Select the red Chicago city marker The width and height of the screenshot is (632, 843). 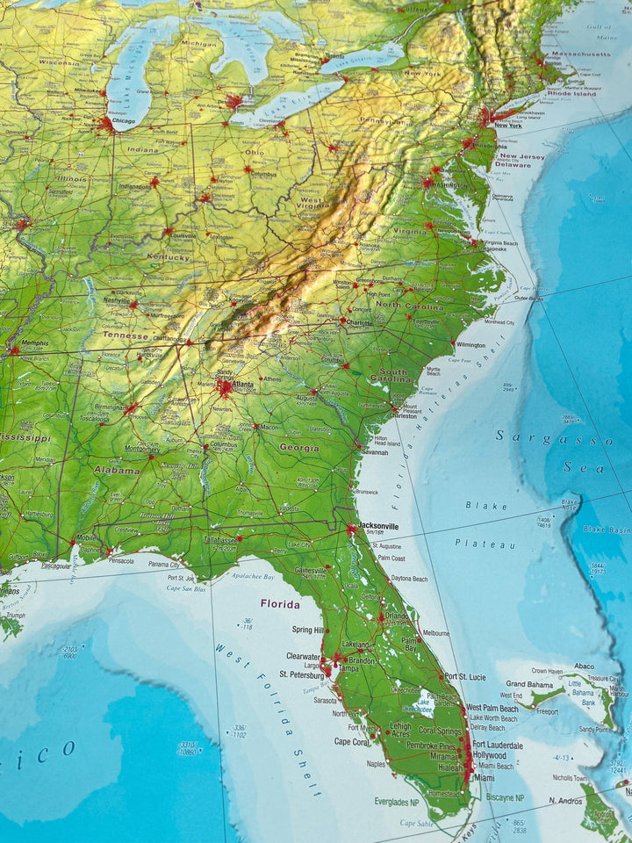point(106,123)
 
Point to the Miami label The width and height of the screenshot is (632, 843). point(485,778)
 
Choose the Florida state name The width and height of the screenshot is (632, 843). point(280,604)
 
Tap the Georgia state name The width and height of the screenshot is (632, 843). point(298,447)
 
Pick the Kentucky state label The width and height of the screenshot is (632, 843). point(169,257)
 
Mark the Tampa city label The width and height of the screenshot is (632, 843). point(348,668)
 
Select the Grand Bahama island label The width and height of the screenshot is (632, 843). point(528,684)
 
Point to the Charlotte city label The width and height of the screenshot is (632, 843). point(360,321)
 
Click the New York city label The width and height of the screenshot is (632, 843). point(507,126)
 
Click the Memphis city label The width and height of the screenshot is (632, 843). point(35,343)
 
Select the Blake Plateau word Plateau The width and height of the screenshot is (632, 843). point(485,544)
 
